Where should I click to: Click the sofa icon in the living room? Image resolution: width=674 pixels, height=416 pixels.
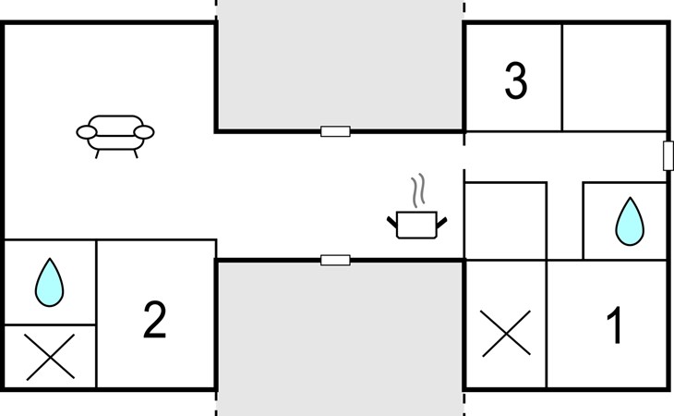click(115, 133)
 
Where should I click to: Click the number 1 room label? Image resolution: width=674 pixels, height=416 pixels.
click(613, 325)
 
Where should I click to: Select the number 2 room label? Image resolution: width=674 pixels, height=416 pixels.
click(155, 320)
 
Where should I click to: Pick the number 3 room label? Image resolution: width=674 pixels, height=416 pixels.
click(516, 81)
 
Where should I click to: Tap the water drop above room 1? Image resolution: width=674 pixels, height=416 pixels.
click(630, 222)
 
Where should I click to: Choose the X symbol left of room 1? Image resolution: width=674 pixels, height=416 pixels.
click(506, 333)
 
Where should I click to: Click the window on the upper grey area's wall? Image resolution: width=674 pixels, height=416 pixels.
click(335, 131)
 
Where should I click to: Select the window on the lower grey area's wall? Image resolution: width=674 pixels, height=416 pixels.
click(335, 261)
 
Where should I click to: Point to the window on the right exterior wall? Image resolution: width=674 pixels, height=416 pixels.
click(668, 155)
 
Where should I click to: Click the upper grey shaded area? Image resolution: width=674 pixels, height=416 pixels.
click(340, 65)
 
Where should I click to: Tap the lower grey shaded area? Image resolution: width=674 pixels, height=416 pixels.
click(340, 337)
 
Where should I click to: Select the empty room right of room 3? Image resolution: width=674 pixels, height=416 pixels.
click(614, 78)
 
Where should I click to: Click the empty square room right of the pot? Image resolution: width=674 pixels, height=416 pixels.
click(505, 222)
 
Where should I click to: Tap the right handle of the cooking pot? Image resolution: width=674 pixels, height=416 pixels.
click(441, 221)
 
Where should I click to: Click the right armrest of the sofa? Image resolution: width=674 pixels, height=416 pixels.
click(145, 133)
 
